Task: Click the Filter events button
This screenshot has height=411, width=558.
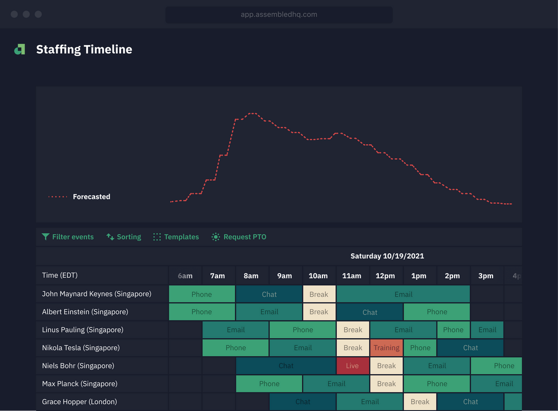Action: pos(68,237)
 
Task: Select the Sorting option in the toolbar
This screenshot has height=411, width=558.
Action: pos(123,237)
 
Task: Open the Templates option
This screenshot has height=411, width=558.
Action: pos(176,237)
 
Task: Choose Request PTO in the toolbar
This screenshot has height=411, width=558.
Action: pos(239,237)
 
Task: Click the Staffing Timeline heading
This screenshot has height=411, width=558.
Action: pos(84,50)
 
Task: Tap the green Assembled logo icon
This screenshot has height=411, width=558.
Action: pos(20,50)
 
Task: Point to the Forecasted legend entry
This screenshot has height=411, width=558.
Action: pos(80,196)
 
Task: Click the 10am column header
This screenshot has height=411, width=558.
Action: pos(318,276)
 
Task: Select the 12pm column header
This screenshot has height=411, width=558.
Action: pos(385,276)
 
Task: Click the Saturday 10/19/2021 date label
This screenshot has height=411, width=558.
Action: pos(387,256)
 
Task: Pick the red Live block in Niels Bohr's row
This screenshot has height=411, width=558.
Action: pos(352,366)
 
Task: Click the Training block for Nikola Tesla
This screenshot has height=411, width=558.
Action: pos(386,348)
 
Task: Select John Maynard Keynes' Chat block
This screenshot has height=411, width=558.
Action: pos(269,294)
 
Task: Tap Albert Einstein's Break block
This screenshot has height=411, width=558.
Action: pos(319,312)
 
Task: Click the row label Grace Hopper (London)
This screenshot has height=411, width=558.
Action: pos(80,402)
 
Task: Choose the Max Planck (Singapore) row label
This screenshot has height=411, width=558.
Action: pos(80,384)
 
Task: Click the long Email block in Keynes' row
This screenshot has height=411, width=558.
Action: pos(403,294)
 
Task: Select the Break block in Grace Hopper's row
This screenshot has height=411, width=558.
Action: pos(420,402)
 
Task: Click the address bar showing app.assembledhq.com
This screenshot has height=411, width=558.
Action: pos(279,14)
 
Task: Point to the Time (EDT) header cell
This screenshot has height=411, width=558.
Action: pos(60,276)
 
